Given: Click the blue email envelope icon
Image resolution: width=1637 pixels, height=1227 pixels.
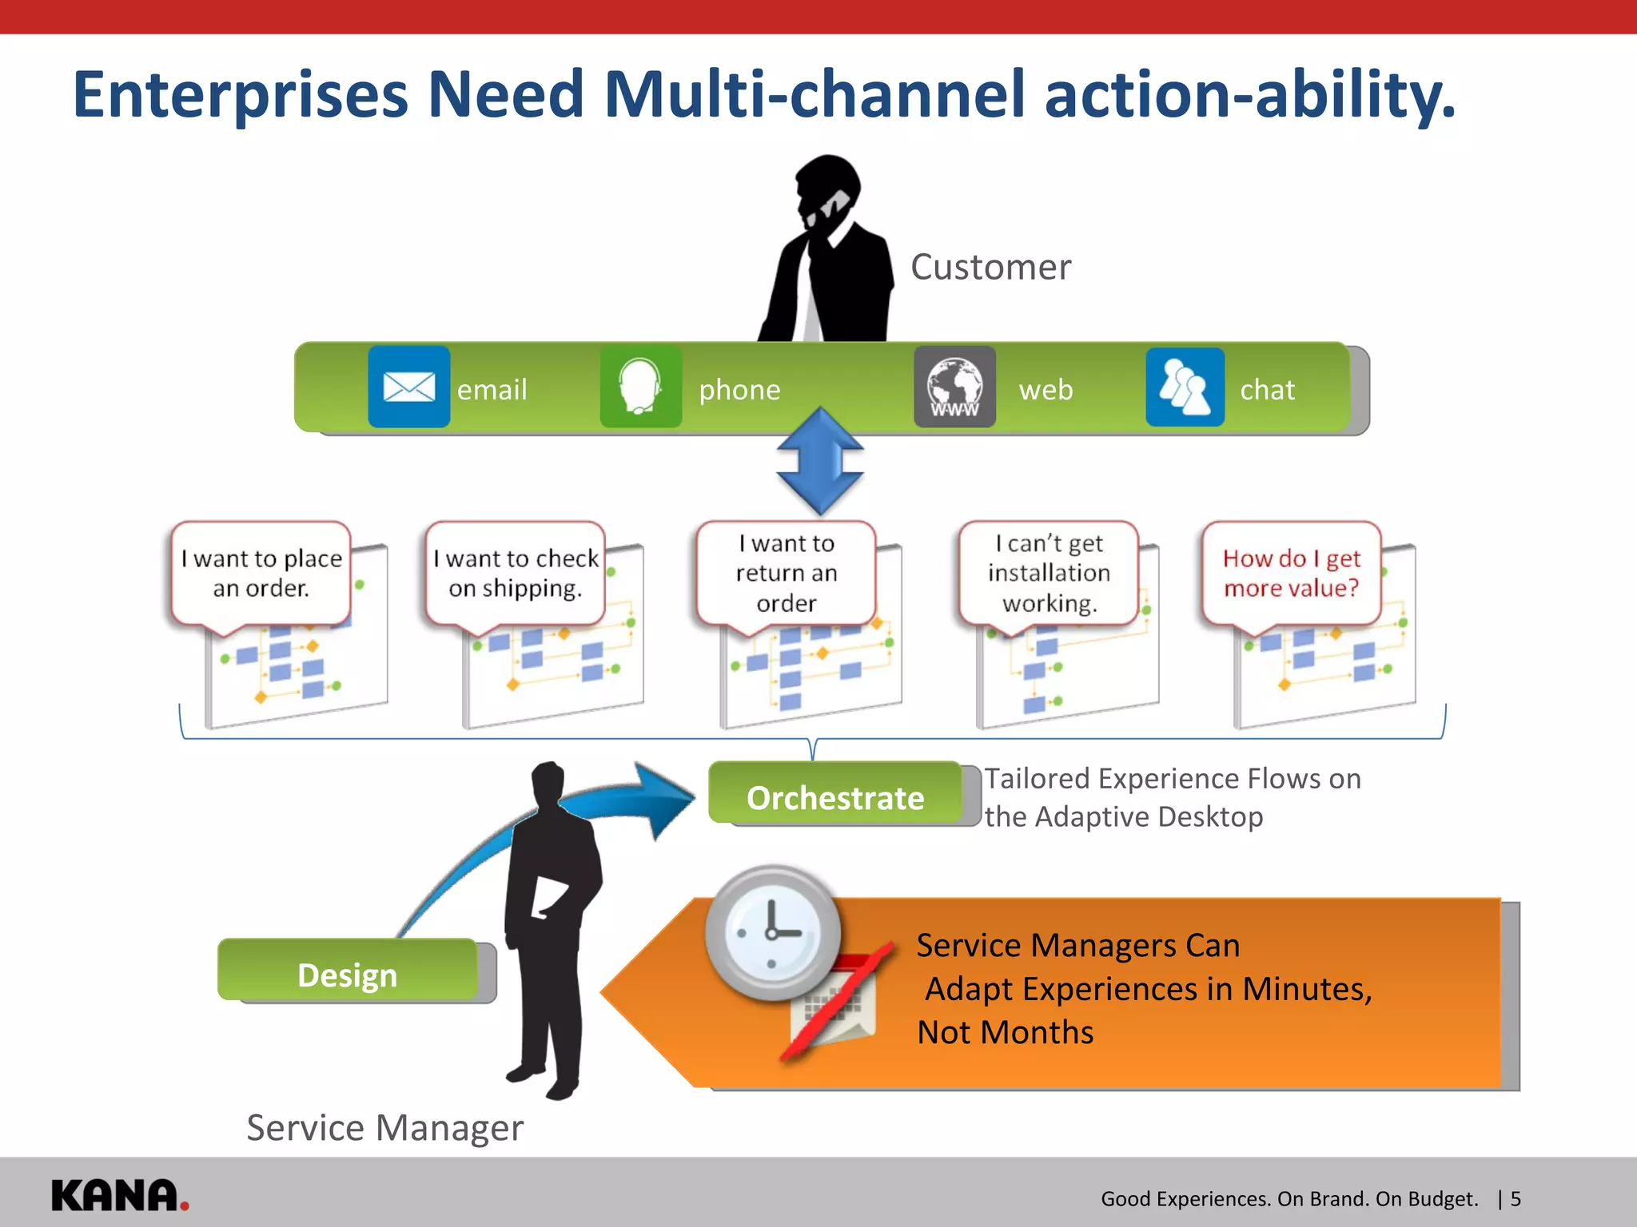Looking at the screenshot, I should [408, 387].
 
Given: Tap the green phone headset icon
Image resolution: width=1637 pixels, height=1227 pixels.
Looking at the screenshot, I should [640, 387].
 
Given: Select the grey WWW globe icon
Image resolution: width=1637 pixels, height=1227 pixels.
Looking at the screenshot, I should [954, 387].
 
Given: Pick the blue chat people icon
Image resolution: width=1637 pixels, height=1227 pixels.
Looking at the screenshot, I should [1185, 387].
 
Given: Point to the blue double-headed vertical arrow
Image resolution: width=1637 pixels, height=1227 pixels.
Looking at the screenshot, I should [820, 462].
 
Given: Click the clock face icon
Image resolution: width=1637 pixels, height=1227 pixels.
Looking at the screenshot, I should [772, 931].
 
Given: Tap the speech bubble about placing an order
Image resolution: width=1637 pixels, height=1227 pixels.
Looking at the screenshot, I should [261, 574].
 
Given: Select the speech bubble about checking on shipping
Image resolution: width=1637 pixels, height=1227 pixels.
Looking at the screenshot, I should [516, 574].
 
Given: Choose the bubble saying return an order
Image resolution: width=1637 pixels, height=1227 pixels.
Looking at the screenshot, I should [787, 574].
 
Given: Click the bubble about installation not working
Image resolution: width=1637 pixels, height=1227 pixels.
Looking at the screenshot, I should [1049, 574].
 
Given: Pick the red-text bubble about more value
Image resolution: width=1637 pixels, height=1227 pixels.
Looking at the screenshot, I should [1291, 574].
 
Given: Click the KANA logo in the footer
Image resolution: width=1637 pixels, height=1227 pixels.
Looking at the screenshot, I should [119, 1196].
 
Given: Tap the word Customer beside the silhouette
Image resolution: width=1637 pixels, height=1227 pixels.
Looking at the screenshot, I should [990, 267].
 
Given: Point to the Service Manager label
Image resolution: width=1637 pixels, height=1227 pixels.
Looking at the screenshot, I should [384, 1128].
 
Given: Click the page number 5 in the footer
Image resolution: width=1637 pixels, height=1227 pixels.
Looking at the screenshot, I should [1516, 1199].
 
